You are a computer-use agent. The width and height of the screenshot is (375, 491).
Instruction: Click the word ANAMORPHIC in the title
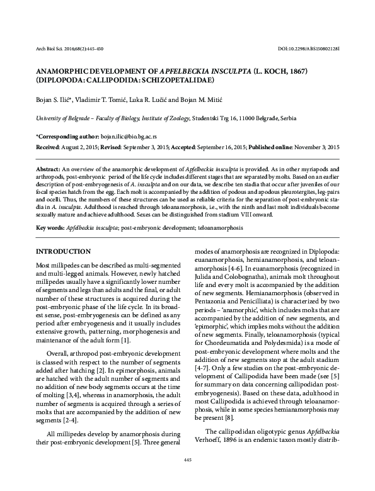(65, 72)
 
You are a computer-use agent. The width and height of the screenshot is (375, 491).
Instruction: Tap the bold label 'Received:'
(48, 146)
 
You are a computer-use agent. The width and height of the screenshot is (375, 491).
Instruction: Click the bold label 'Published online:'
(275, 146)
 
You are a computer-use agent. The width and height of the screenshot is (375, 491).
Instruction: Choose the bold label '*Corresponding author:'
(67, 136)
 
